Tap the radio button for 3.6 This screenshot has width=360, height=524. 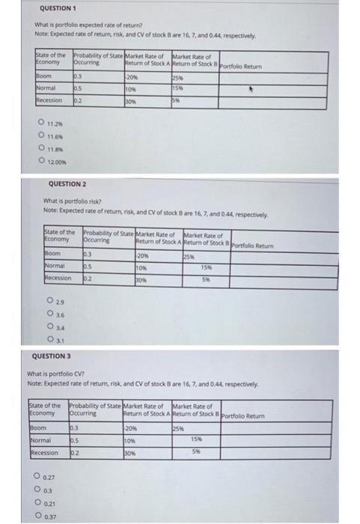[x=49, y=314]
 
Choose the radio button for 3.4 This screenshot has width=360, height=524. [x=49, y=326]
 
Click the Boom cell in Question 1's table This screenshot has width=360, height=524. [x=43, y=77]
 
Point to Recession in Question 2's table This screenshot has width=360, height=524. [x=59, y=278]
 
